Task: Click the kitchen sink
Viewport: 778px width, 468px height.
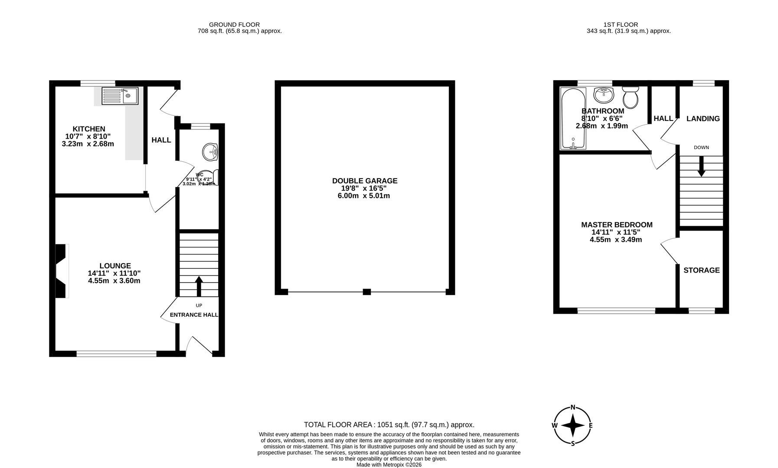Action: (x=120, y=96)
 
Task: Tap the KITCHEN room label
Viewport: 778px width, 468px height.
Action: (x=88, y=129)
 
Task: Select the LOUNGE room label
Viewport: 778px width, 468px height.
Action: (x=115, y=266)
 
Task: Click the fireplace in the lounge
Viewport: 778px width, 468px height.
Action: (x=62, y=271)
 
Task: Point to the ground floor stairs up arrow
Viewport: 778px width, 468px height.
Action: (x=199, y=286)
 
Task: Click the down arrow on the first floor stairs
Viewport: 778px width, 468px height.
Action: (x=701, y=166)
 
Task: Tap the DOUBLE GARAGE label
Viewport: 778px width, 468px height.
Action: (x=364, y=181)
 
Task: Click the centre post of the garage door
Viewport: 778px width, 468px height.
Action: (x=366, y=292)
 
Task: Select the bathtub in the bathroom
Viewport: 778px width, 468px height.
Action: (x=573, y=118)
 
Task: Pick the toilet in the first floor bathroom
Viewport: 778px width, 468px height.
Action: (x=630, y=97)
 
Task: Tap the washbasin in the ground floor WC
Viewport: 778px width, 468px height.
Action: (x=211, y=152)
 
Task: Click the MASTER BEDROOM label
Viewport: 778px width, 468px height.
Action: (x=616, y=225)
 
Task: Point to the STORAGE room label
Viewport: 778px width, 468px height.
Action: (x=701, y=270)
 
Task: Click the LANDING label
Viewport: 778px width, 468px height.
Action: (x=703, y=119)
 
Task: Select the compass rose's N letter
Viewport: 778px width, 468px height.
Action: (x=573, y=407)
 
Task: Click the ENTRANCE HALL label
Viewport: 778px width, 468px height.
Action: (x=194, y=315)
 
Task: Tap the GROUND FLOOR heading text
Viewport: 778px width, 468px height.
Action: (x=234, y=25)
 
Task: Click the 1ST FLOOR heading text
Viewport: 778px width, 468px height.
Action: (x=621, y=25)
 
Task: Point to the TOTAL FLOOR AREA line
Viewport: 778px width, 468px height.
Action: (x=389, y=425)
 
